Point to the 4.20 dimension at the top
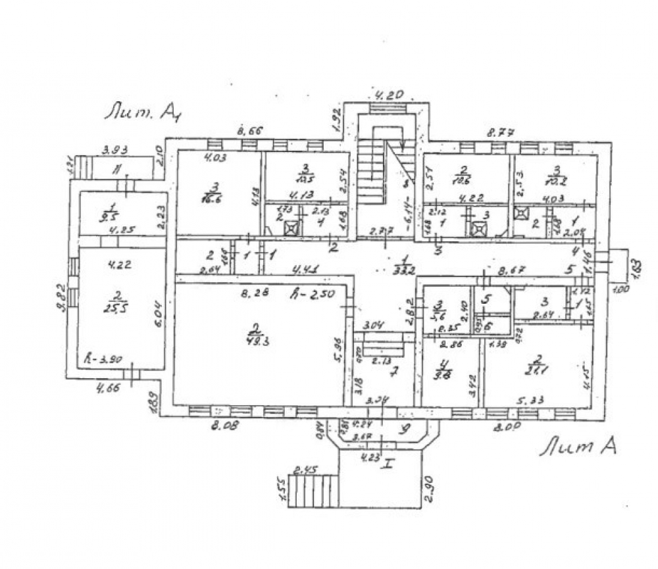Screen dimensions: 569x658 point(388,97)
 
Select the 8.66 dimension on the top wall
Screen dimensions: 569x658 point(247,132)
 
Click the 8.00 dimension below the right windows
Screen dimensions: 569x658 point(507,426)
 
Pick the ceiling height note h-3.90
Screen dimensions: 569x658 point(99,360)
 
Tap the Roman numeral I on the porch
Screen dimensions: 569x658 point(388,464)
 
